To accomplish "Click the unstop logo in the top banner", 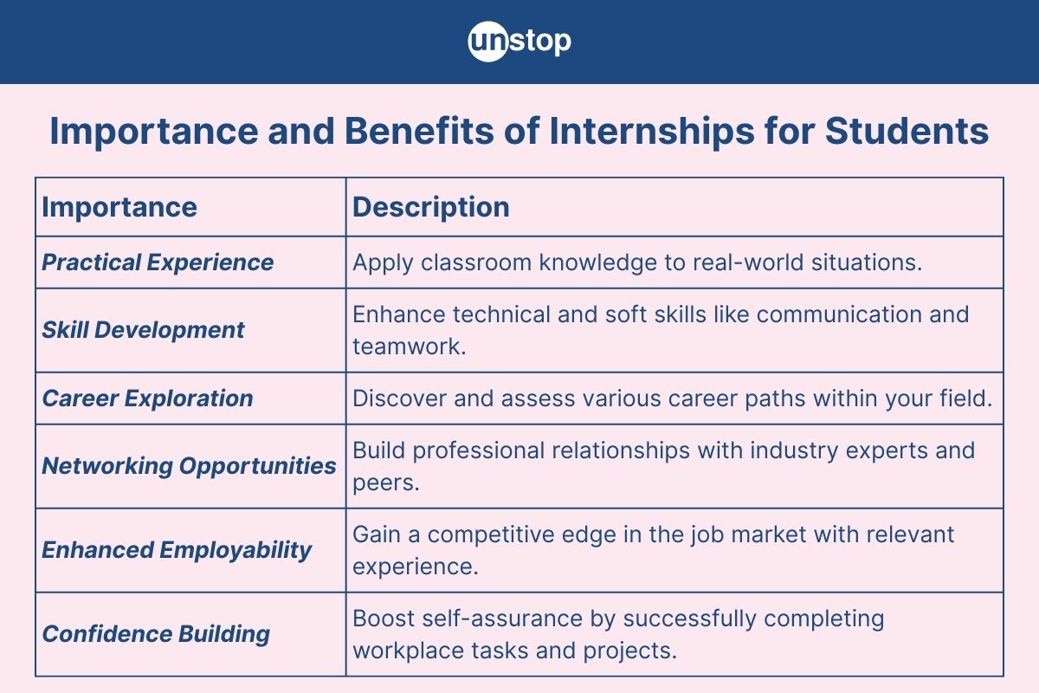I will point(519,42).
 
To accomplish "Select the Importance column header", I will point(119,207).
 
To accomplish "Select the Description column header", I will point(431,207).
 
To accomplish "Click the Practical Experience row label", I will point(158,262).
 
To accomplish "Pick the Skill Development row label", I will point(144,330).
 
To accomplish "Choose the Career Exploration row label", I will point(148,398).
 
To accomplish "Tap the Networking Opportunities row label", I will point(189,466).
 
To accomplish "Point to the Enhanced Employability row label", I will point(177,550).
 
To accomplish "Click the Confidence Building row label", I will point(156,634).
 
